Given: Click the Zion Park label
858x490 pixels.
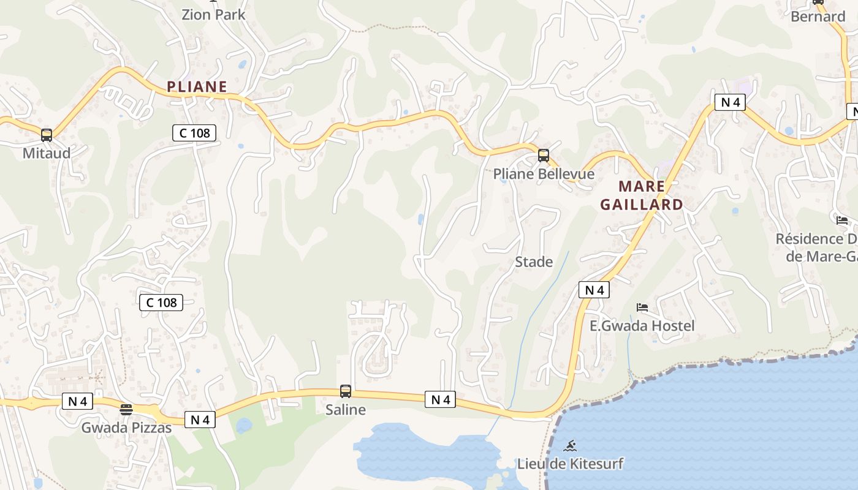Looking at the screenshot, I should [213, 15].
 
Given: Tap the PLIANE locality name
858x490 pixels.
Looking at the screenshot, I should [197, 87].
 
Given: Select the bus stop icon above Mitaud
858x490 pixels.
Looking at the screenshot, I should [47, 135].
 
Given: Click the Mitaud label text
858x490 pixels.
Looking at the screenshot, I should [47, 153].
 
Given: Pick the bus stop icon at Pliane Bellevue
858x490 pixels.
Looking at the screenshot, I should [544, 156].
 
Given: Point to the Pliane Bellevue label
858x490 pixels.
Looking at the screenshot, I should [544, 174].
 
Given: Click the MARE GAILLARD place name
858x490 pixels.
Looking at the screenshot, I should [642, 195].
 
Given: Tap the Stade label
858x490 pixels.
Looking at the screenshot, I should [534, 262].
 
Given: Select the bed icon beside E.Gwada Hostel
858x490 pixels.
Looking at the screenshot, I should [642, 307].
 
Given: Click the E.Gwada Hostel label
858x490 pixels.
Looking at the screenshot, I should [642, 326].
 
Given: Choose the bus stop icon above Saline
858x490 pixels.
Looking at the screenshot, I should [346, 391].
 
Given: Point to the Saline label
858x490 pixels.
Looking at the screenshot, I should [346, 410].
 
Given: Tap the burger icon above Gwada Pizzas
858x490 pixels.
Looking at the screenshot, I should [126, 410].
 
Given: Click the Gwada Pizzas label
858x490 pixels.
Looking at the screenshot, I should [126, 428].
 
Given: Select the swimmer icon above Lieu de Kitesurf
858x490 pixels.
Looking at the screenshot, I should [571, 445].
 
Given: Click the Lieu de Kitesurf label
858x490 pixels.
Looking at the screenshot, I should [571, 464].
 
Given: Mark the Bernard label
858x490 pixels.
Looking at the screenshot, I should [818, 17].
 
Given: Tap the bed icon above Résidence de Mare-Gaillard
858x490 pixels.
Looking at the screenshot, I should [842, 221].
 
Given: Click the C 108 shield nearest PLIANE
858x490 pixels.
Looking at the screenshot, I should [194, 132].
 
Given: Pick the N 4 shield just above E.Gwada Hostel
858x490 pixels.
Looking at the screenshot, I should [594, 290].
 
